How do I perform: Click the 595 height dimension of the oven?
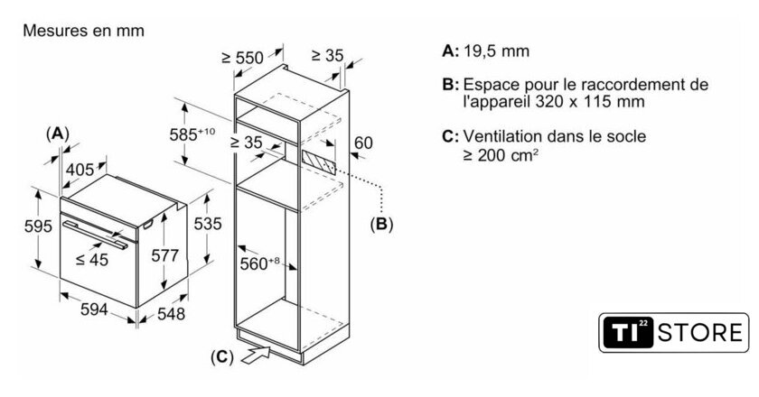[38, 226]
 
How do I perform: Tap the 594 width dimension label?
[94, 309]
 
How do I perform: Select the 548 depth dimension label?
[172, 314]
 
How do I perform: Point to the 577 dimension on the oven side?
[165, 255]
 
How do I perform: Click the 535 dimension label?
[208, 224]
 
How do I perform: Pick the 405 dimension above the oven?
[80, 170]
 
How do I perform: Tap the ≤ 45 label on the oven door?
[92, 260]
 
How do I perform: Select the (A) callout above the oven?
[57, 133]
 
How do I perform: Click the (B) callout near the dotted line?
[381, 224]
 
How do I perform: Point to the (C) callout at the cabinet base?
[222, 357]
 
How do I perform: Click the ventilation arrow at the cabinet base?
[256, 356]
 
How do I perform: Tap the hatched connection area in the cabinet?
[318, 161]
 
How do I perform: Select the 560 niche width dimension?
[260, 263]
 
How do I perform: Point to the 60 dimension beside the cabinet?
[364, 143]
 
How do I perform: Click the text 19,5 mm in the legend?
[497, 51]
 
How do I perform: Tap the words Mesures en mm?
[84, 31]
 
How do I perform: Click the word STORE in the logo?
[700, 333]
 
